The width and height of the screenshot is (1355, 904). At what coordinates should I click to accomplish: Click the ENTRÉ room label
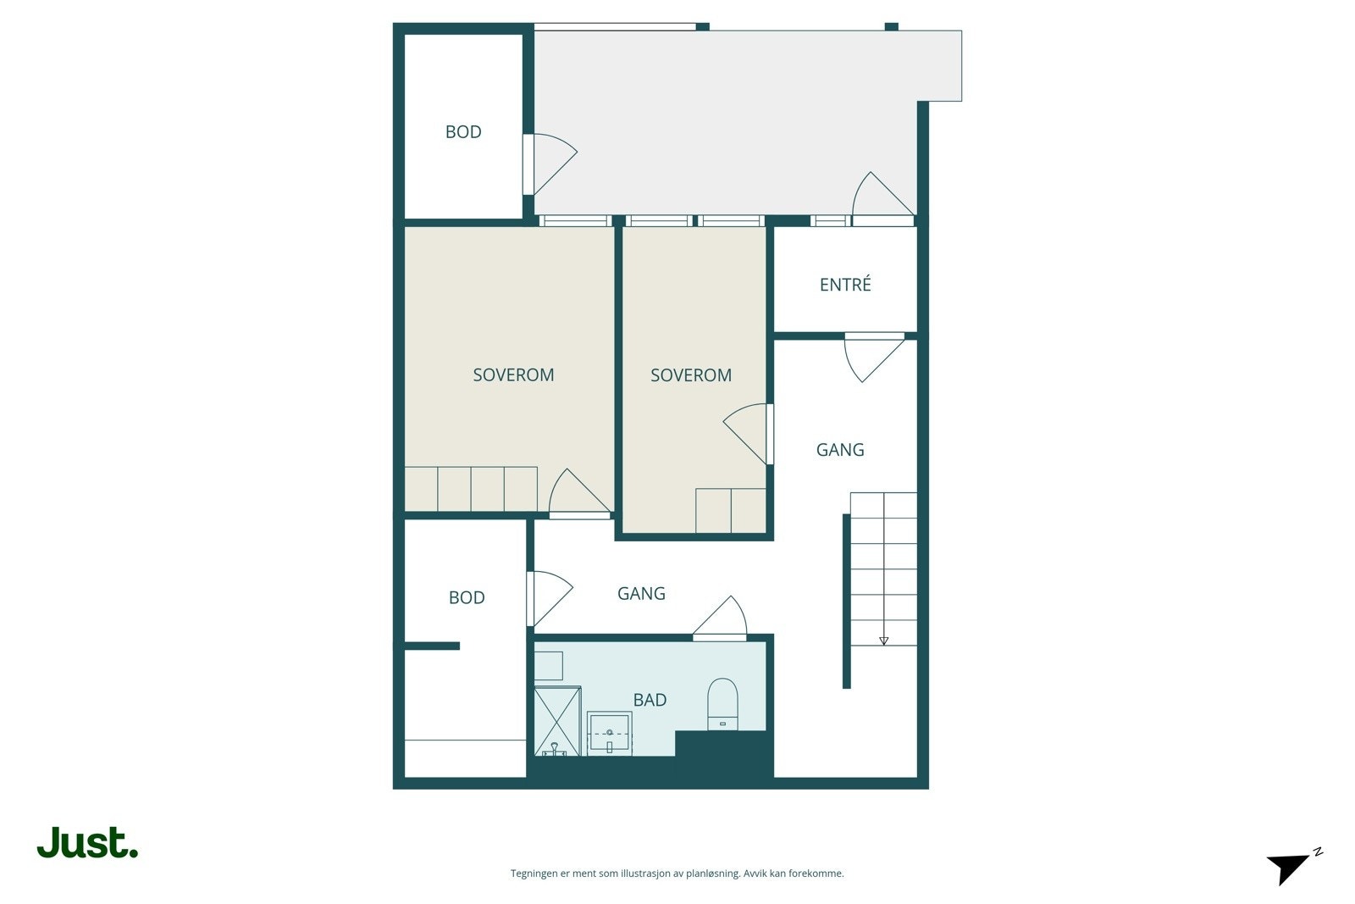click(x=845, y=285)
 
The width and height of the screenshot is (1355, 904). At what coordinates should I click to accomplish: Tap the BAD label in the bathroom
click(x=650, y=700)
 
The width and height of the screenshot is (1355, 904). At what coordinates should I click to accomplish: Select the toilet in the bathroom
click(x=722, y=704)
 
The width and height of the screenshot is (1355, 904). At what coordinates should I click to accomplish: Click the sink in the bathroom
click(x=609, y=733)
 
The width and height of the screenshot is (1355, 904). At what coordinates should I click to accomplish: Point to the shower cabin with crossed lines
click(x=557, y=721)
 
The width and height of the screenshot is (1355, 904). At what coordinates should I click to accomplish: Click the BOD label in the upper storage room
click(x=463, y=131)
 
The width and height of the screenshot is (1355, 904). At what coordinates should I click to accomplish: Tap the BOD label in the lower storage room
click(x=467, y=597)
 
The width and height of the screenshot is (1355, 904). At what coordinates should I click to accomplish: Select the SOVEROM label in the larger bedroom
click(x=513, y=374)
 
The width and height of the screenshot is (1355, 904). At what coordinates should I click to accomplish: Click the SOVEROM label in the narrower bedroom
click(x=691, y=374)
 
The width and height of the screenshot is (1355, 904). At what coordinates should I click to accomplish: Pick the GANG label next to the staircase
click(x=840, y=450)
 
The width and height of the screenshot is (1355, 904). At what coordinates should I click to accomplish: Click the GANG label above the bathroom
click(x=641, y=593)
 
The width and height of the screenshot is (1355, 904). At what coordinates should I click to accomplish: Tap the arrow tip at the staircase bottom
click(x=883, y=642)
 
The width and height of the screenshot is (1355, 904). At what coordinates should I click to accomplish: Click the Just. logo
click(x=87, y=843)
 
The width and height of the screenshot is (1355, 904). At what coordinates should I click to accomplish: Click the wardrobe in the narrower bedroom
click(x=731, y=510)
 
